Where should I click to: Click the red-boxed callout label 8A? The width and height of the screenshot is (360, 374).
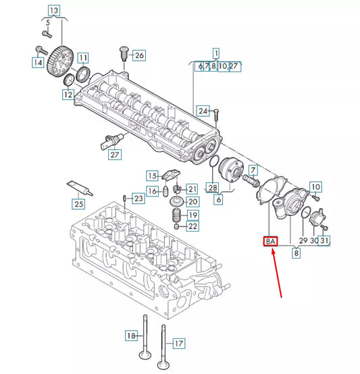tap(270, 240)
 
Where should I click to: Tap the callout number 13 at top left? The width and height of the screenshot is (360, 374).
tap(53, 10)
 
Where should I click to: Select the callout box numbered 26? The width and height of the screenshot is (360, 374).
tap(138, 55)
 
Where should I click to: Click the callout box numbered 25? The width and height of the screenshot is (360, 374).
tap(79, 203)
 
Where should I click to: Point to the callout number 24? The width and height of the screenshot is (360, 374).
tap(203, 110)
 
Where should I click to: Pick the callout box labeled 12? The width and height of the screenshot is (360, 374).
tap(68, 96)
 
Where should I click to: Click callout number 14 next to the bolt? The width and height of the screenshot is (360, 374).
tap(38, 63)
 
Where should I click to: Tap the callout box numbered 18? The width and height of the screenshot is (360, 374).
tap(131, 336)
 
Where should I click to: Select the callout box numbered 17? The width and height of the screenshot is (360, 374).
tap(178, 344)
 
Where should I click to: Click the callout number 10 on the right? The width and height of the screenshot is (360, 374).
tap(315, 186)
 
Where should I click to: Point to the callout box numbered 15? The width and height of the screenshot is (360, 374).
tap(152, 176)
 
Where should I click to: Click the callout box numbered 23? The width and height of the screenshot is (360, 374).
tap(138, 198)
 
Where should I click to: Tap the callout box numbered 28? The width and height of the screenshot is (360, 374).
tap(213, 187)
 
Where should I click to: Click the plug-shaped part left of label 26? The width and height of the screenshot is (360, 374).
tap(122, 53)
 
